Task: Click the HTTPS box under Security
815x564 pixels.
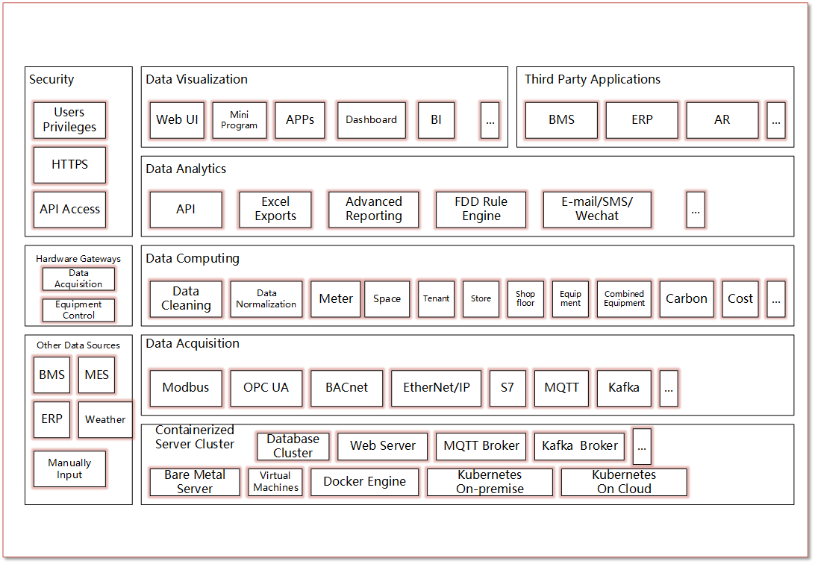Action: pyautogui.click(x=69, y=165)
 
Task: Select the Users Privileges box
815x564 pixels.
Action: pyautogui.click(x=69, y=120)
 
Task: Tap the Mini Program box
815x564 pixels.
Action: pyautogui.click(x=239, y=120)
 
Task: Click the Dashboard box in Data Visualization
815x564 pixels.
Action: pyautogui.click(x=371, y=120)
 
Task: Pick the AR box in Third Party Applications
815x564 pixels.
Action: pyautogui.click(x=722, y=120)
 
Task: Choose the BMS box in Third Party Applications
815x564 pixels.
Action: pyautogui.click(x=561, y=120)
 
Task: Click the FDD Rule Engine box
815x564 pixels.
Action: pyautogui.click(x=481, y=210)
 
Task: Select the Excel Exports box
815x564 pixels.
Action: pyautogui.click(x=275, y=210)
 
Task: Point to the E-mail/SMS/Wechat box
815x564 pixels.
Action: pyautogui.click(x=597, y=210)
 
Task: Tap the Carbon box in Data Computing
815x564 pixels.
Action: pyautogui.click(x=686, y=299)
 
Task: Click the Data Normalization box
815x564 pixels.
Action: pyautogui.click(x=266, y=299)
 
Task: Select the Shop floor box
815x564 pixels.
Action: pyautogui.click(x=525, y=299)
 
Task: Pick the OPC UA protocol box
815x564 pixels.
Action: pyautogui.click(x=266, y=388)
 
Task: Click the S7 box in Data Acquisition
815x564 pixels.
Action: pyautogui.click(x=508, y=388)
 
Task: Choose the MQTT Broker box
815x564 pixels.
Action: pyautogui.click(x=481, y=446)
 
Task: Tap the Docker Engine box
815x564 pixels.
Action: pyautogui.click(x=364, y=482)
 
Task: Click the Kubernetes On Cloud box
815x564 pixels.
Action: pyautogui.click(x=624, y=482)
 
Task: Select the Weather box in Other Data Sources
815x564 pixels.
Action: pyautogui.click(x=105, y=419)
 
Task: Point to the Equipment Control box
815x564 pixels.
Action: pyautogui.click(x=78, y=310)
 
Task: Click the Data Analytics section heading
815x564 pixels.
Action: pyautogui.click(x=186, y=169)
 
